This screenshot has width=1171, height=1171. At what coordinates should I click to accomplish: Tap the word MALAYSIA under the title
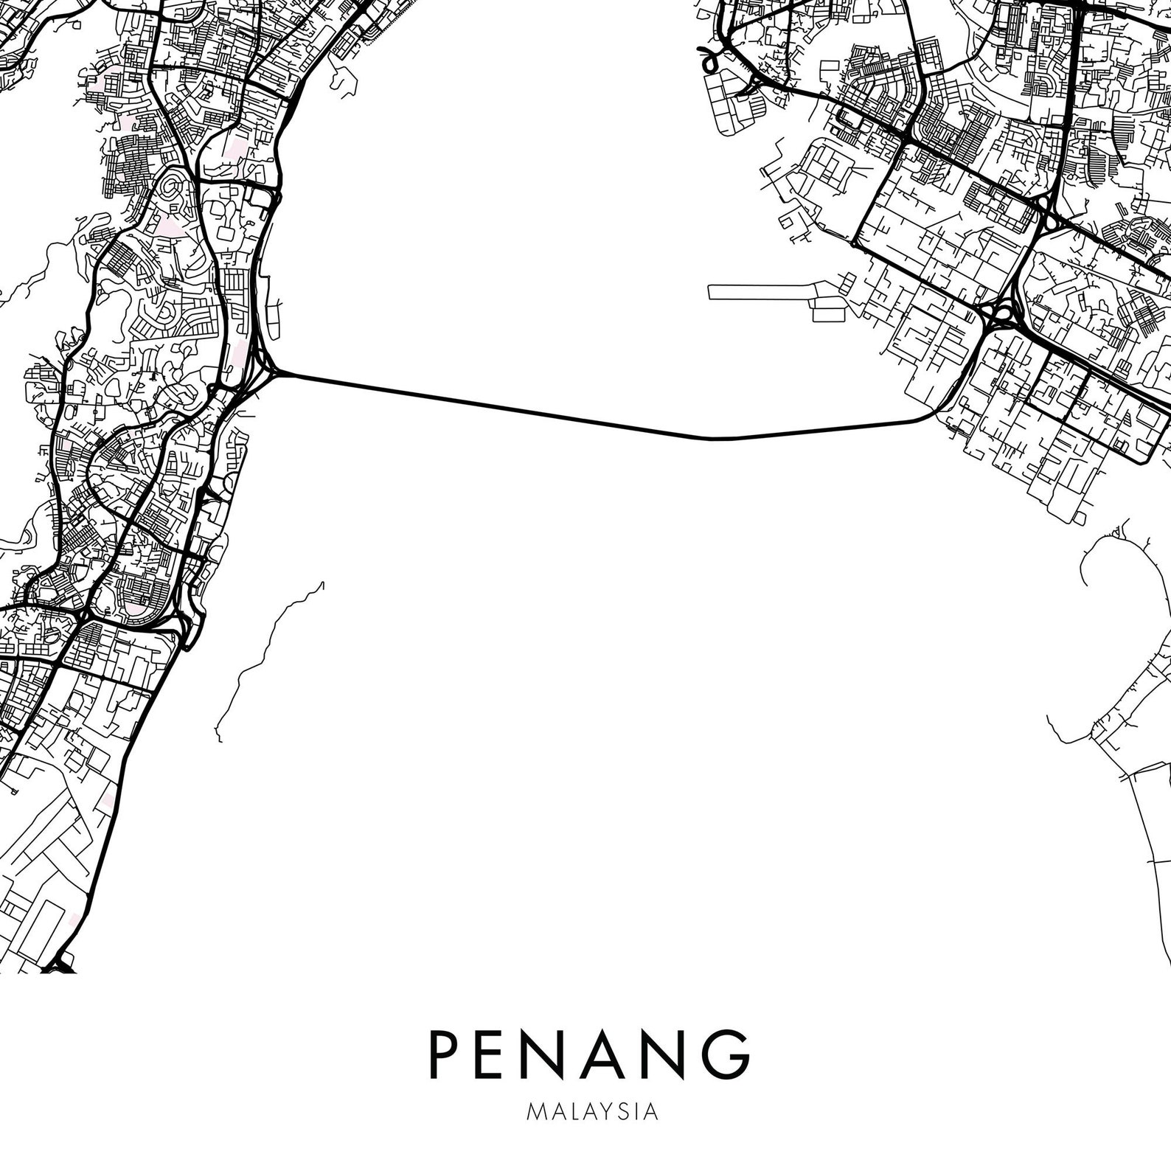point(592,1111)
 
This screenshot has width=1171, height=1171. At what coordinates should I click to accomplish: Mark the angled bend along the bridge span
point(712,439)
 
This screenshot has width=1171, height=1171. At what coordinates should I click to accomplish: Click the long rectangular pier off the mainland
point(760,292)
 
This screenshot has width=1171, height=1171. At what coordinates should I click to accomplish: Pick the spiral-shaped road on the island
point(174,193)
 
